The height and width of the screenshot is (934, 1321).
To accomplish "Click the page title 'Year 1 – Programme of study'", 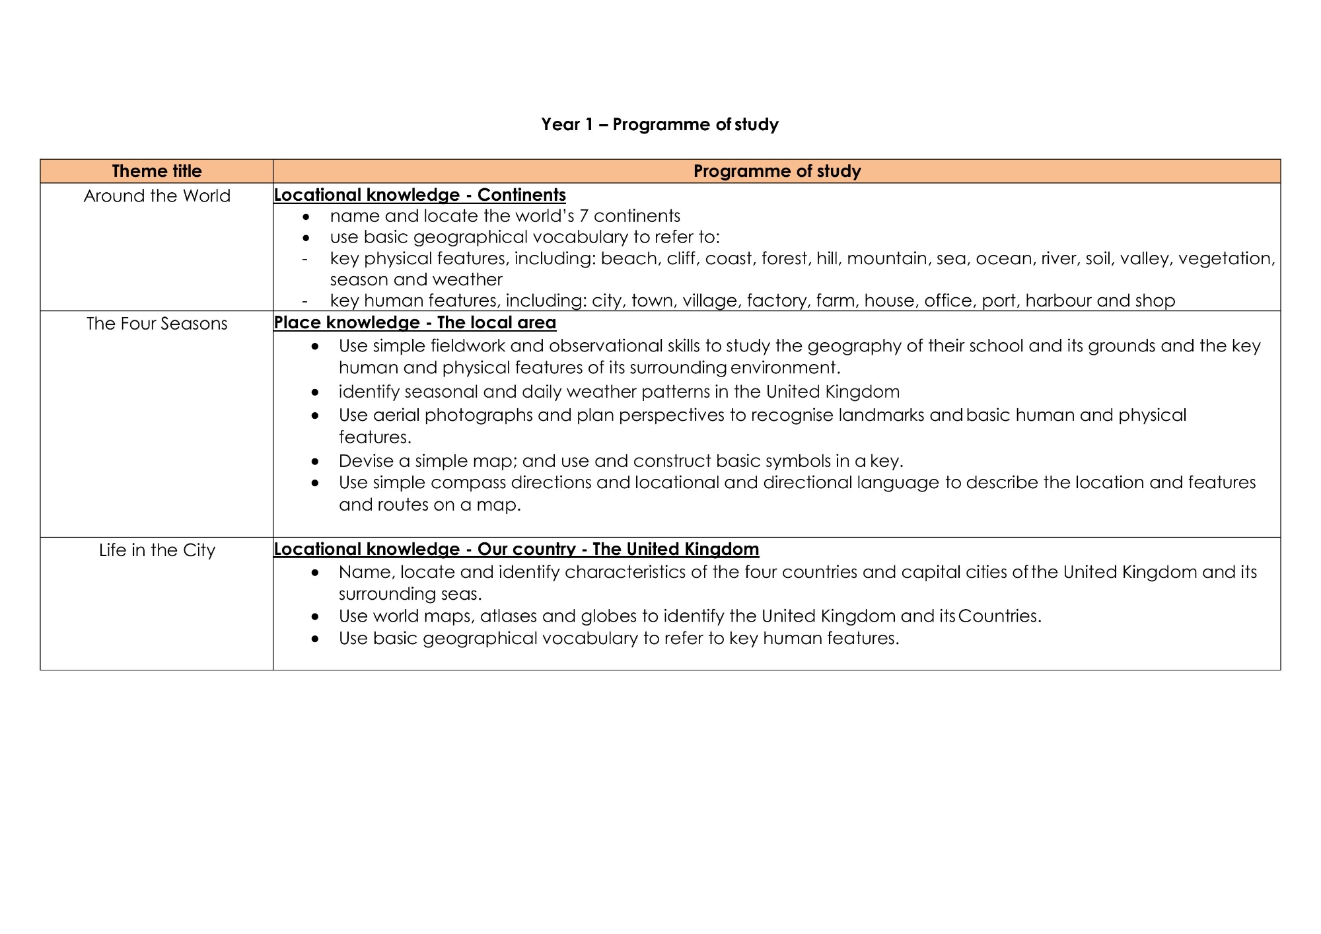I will [659, 124].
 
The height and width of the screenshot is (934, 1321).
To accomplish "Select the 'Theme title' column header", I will [157, 171].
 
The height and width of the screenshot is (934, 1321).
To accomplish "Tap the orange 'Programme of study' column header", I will [777, 171].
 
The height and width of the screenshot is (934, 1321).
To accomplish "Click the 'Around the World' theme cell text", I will [157, 196].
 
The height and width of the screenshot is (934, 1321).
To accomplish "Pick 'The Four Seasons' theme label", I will [157, 324].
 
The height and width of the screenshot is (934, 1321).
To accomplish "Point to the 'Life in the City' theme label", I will [157, 550].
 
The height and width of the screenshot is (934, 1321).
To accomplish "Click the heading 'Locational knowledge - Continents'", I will [419, 195].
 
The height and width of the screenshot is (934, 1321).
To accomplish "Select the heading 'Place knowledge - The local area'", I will [415, 322].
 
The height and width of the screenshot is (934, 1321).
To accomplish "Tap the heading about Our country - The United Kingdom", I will [516, 549].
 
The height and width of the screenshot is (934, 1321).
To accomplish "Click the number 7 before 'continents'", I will [583, 216].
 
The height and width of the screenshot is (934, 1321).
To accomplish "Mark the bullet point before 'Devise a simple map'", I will [316, 461].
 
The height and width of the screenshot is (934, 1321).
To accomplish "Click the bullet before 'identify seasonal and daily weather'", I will [316, 392].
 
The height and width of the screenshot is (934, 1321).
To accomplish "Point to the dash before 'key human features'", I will [304, 301].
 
